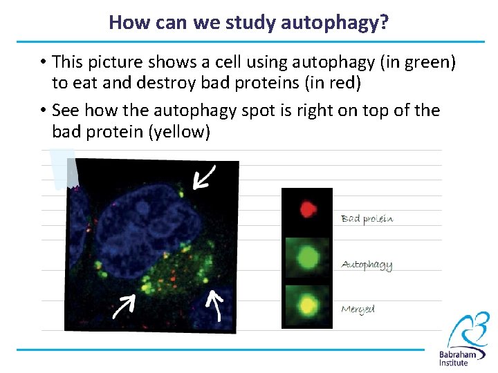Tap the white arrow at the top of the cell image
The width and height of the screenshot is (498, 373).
coord(204,177)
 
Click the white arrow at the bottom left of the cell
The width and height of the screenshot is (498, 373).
coord(124,305)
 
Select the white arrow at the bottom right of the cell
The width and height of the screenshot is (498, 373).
coord(216,305)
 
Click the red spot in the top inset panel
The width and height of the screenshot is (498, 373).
coord(307,209)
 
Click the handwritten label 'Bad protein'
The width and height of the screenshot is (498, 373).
coord(367,219)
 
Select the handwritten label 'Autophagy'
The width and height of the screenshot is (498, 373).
coord(367,265)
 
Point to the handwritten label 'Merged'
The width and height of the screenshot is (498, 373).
coord(358,309)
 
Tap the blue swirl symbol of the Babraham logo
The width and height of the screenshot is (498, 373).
coord(468,330)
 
